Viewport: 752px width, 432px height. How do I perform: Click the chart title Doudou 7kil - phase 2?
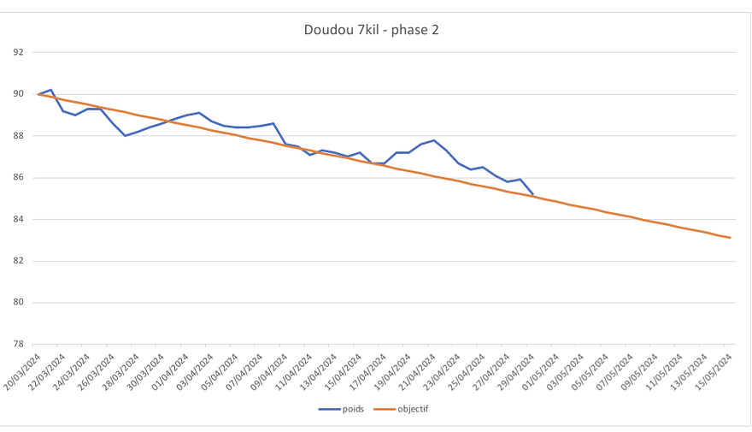[x=372, y=30]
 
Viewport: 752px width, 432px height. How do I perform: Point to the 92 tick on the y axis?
[x=19, y=52]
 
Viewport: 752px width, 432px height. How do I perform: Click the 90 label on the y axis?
[x=19, y=94]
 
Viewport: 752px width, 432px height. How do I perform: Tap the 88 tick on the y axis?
[x=19, y=136]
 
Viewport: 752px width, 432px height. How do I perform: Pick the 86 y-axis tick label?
[x=19, y=178]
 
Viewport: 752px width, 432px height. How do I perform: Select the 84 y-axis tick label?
[x=19, y=219]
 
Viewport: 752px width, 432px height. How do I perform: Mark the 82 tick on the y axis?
[x=19, y=261]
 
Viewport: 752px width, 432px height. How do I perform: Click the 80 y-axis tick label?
[x=19, y=303]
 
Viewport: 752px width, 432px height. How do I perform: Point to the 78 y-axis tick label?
[x=19, y=345]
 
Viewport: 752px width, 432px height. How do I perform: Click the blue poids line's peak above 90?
[x=51, y=90]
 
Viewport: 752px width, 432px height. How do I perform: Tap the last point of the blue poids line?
[x=533, y=194]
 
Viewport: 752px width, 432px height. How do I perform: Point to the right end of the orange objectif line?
[x=731, y=238]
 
